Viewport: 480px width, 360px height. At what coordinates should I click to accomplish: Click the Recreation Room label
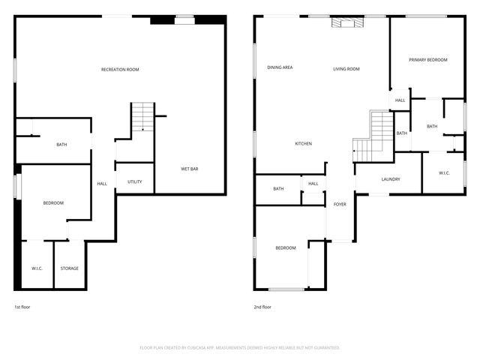120,70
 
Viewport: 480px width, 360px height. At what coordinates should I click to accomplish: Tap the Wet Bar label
189,169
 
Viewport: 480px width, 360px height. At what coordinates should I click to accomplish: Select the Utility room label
134,181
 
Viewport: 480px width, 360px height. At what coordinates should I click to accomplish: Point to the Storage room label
70,268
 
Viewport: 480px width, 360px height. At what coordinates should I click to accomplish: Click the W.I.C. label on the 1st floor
37,268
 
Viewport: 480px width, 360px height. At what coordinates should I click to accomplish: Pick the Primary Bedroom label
427,59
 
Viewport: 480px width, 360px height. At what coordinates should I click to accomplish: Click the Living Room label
346,69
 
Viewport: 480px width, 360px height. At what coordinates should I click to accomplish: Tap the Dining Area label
280,67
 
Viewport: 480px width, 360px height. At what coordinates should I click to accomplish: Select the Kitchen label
303,143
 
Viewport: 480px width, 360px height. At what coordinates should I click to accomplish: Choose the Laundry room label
390,179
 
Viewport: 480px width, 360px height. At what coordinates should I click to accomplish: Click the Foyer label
340,203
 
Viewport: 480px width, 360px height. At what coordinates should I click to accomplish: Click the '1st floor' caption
22,307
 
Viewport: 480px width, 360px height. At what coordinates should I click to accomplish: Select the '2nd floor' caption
262,307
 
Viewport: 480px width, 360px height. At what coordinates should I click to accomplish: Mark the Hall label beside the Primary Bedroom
400,100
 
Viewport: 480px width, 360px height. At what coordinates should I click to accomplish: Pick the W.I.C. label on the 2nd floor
443,173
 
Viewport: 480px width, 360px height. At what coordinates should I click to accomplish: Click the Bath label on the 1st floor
61,145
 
